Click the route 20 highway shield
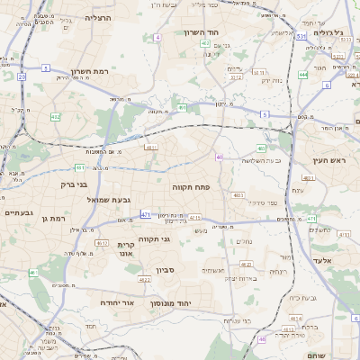click(21, 77)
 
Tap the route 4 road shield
click(157, 37)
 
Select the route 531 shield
click(301, 36)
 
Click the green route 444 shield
click(303, 75)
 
